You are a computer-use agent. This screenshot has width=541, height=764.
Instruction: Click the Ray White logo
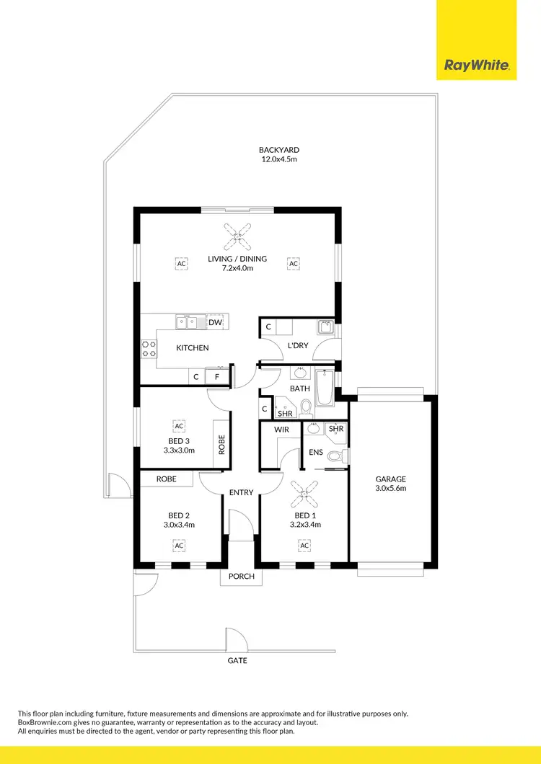click(477, 66)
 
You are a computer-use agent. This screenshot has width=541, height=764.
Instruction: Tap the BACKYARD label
click(279, 150)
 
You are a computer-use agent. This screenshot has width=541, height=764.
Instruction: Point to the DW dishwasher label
click(215, 323)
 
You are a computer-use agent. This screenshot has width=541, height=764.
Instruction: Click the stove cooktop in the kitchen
click(149, 349)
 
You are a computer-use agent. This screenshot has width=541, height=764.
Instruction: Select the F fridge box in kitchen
click(216, 376)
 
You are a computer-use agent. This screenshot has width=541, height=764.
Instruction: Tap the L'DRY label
click(297, 345)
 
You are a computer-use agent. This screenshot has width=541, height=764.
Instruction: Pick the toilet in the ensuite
click(335, 456)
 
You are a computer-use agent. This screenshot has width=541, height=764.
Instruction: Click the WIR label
click(281, 430)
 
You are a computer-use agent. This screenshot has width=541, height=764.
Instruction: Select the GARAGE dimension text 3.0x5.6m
click(390, 488)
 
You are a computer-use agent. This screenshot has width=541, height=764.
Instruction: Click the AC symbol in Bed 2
click(178, 546)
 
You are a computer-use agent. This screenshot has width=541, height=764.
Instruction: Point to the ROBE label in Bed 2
click(166, 479)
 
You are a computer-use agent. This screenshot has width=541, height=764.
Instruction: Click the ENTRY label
click(241, 492)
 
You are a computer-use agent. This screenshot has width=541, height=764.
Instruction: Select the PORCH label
click(242, 576)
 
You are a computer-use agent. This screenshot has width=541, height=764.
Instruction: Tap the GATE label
click(237, 660)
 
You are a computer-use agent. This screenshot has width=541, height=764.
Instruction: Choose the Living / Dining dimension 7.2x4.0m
click(237, 268)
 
